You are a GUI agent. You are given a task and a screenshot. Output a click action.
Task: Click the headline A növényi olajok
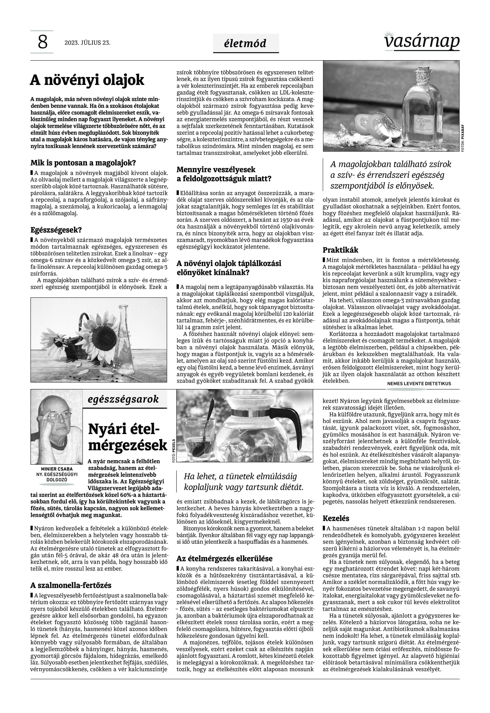[87, 80]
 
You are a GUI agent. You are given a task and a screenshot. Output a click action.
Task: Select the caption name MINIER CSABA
[57, 469]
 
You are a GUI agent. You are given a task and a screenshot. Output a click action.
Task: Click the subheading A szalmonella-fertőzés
[71, 585]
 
